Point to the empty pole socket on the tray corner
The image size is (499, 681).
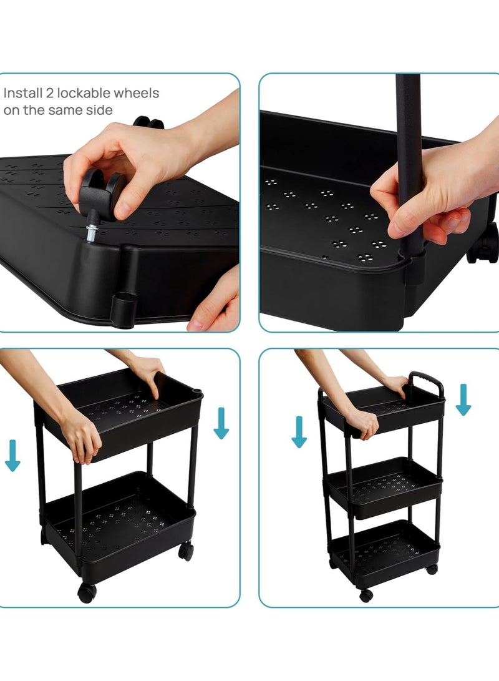(x=124, y=306)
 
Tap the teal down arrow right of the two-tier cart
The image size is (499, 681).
(x=221, y=423)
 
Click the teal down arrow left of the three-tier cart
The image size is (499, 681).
(x=299, y=432)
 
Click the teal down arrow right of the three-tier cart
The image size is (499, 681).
(x=463, y=399)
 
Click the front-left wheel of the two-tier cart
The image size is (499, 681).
(x=87, y=592)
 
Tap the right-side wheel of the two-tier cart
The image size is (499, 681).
(x=186, y=551)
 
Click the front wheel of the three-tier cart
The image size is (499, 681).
(x=366, y=595)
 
